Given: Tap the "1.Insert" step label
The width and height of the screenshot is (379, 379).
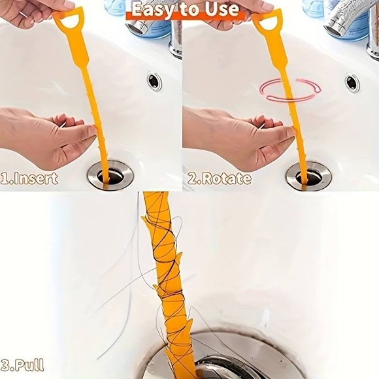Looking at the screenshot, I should [29, 178].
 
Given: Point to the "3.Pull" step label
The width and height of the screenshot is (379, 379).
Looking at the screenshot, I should [23, 365].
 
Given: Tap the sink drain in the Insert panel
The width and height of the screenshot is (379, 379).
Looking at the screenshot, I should [110, 175].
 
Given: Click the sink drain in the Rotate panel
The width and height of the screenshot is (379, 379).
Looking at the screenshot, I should [308, 176].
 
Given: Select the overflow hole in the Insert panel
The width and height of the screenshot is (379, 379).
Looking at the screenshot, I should [155, 81].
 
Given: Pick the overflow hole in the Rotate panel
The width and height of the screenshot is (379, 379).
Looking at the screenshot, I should [352, 82].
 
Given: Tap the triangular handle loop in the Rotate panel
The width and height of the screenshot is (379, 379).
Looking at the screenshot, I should [268, 20].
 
